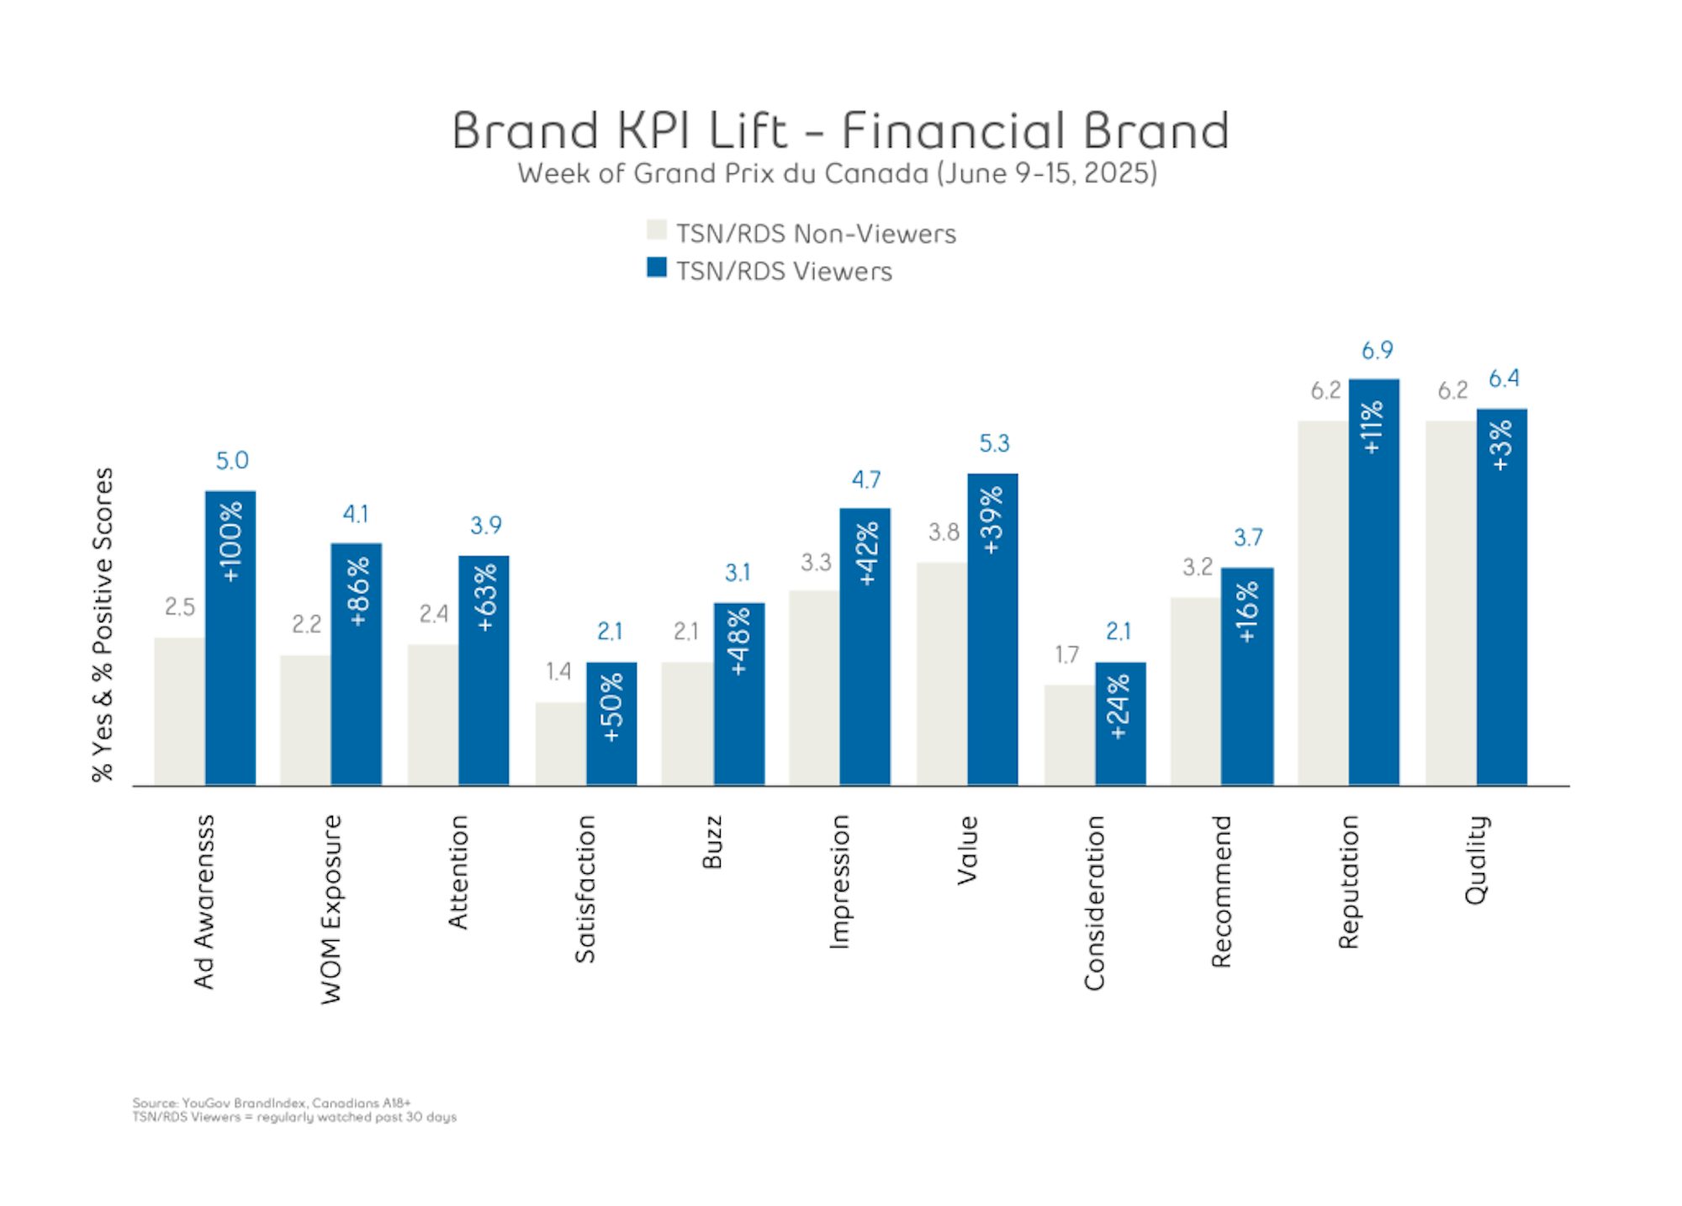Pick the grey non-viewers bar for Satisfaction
(560, 743)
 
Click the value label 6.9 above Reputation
(1377, 350)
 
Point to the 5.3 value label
(994, 443)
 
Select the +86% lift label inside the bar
(357, 591)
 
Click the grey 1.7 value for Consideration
(1066, 654)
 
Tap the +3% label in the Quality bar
(1501, 445)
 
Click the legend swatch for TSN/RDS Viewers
(657, 267)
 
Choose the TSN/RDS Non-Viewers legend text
(816, 234)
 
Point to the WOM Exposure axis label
(332, 908)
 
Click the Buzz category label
(711, 841)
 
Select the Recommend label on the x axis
(1221, 891)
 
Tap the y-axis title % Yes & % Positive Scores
(103, 624)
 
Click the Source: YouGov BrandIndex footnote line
(271, 1103)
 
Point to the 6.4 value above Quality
(1504, 378)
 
